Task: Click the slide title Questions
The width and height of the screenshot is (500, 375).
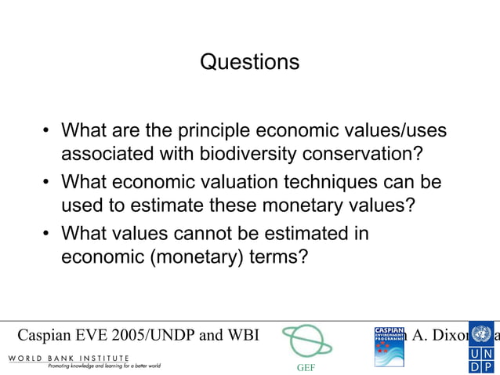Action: pyautogui.click(x=249, y=62)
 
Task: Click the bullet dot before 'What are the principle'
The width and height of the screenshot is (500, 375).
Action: pyautogui.click(x=47, y=130)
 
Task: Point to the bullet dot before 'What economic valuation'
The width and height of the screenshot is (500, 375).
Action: pyautogui.click(x=47, y=184)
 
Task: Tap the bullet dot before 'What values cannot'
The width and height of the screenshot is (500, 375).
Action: pyautogui.click(x=47, y=235)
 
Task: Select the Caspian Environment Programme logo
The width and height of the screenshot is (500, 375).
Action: pyautogui.click(x=389, y=346)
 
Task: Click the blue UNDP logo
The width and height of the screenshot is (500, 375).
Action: pyautogui.click(x=481, y=345)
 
